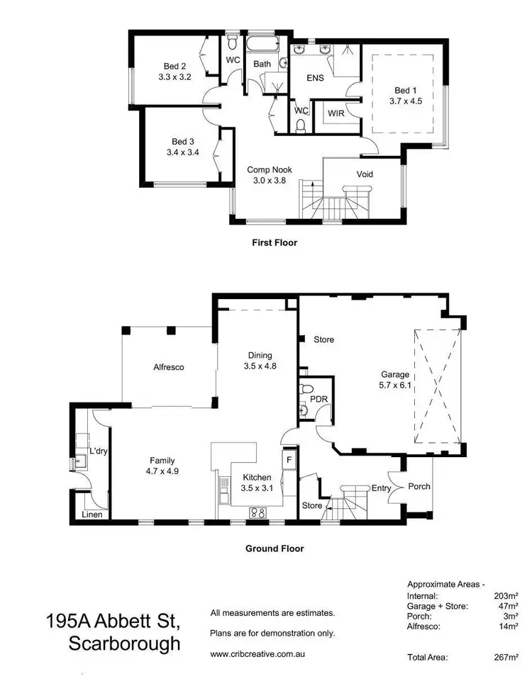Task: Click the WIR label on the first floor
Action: tap(336, 113)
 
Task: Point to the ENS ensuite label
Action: tap(316, 78)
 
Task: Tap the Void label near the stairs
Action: tap(364, 174)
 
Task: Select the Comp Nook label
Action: tap(269, 169)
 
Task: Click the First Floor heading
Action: tap(275, 242)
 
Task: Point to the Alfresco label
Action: tap(169, 367)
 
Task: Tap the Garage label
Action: tap(395, 374)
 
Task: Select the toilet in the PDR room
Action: tap(307, 389)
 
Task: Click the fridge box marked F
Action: tap(289, 459)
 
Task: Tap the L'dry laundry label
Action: tap(97, 451)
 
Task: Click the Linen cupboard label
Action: tap(93, 514)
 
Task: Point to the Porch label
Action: tap(419, 487)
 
